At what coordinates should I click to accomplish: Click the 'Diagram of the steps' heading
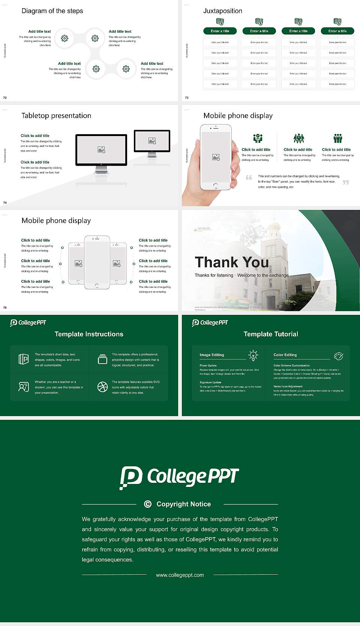pyautogui.click(x=52, y=11)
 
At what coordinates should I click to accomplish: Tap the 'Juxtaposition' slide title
pyautogui.click(x=222, y=11)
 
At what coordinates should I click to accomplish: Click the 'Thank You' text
pyautogui.click(x=231, y=262)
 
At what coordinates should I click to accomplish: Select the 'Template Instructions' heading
pyautogui.click(x=89, y=334)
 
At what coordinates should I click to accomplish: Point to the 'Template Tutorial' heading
pyautogui.click(x=271, y=334)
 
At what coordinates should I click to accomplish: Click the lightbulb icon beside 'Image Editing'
pyautogui.click(x=253, y=355)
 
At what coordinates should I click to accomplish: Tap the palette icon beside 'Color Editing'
pyautogui.click(x=338, y=356)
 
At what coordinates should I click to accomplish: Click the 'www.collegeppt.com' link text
pyautogui.click(x=180, y=575)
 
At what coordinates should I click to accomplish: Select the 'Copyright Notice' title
pyautogui.click(x=183, y=504)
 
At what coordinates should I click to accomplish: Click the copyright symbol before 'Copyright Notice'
pyautogui.click(x=148, y=504)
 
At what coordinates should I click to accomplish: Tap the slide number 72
pyautogui.click(x=5, y=97)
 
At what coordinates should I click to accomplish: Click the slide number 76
pyautogui.click(x=5, y=307)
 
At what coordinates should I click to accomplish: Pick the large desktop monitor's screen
pyautogui.click(x=101, y=150)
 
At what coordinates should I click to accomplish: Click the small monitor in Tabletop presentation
pyautogui.click(x=152, y=141)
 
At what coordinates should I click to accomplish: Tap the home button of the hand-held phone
pyautogui.click(x=215, y=186)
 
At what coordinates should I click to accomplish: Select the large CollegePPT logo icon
pyautogui.click(x=130, y=477)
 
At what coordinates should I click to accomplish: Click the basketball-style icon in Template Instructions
pyautogui.click(x=102, y=387)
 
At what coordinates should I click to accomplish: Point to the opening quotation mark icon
pyautogui.click(x=249, y=177)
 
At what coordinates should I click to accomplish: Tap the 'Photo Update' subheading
pyautogui.click(x=208, y=365)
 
